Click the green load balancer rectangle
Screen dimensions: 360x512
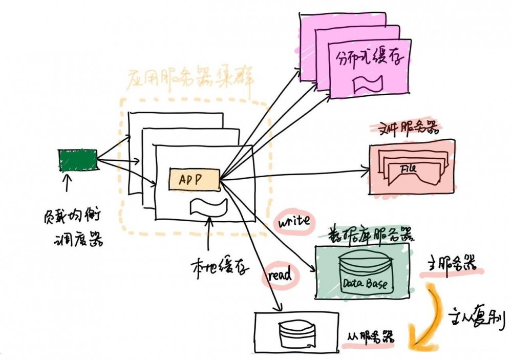coord(78,160)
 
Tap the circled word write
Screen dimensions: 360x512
coord(293,222)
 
